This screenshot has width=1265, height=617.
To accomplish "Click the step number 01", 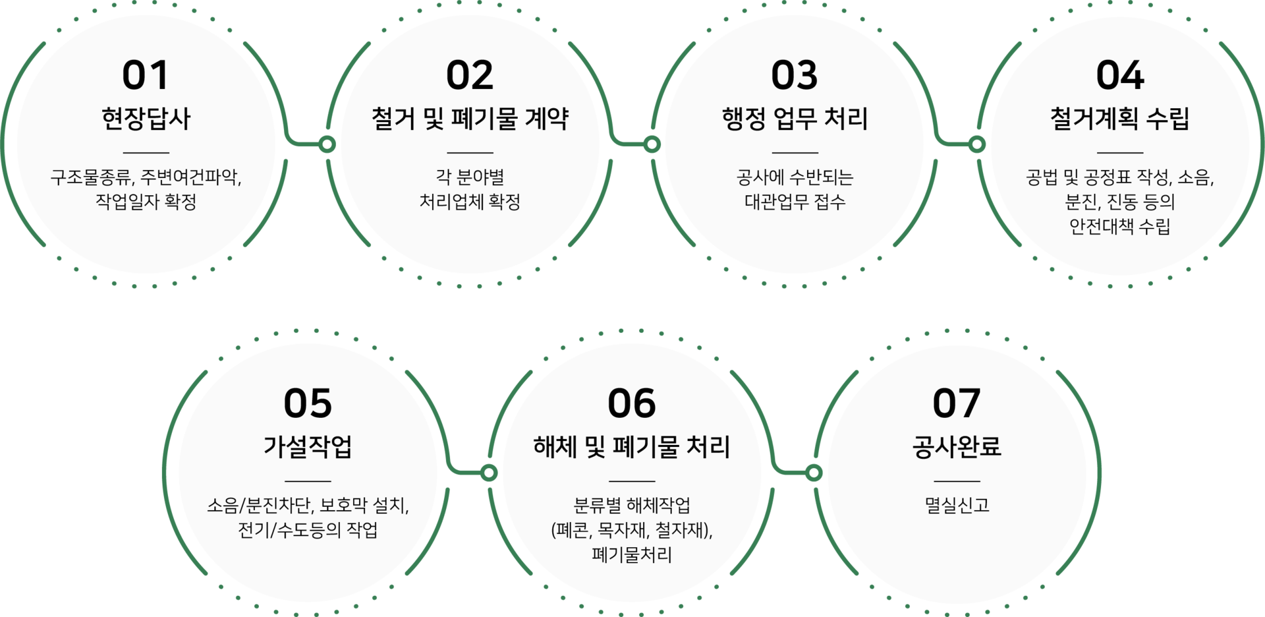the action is (146, 75).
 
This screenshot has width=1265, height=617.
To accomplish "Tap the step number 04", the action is (1119, 75).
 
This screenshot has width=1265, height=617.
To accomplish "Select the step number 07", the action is (956, 403).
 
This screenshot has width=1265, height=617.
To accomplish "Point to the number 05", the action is (308, 403).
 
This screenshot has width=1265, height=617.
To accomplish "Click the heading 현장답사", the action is (146, 119).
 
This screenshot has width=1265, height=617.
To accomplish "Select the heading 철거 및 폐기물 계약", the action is (470, 119).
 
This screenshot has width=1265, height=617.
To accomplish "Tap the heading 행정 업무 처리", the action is (795, 119).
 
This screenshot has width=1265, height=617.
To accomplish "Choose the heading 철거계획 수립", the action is (1119, 119).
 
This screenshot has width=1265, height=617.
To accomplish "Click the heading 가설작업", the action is (308, 447).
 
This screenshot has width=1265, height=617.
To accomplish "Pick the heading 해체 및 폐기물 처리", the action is (632, 447).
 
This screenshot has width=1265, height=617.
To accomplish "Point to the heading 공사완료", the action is (956, 447).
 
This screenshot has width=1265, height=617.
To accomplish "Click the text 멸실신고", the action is (957, 506).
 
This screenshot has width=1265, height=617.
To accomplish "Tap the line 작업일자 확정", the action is (146, 201).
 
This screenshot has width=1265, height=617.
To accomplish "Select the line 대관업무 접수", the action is (795, 201).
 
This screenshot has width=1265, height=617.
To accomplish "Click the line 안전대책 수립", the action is (1119, 226).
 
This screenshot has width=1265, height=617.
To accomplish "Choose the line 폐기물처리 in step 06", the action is (632, 555).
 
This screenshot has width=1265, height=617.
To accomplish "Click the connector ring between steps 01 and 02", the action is (327, 144).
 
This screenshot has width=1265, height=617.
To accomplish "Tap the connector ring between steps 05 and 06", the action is (489, 472).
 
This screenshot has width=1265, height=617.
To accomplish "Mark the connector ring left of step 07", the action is (814, 472).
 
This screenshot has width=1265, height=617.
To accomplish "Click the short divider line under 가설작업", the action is (308, 481).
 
